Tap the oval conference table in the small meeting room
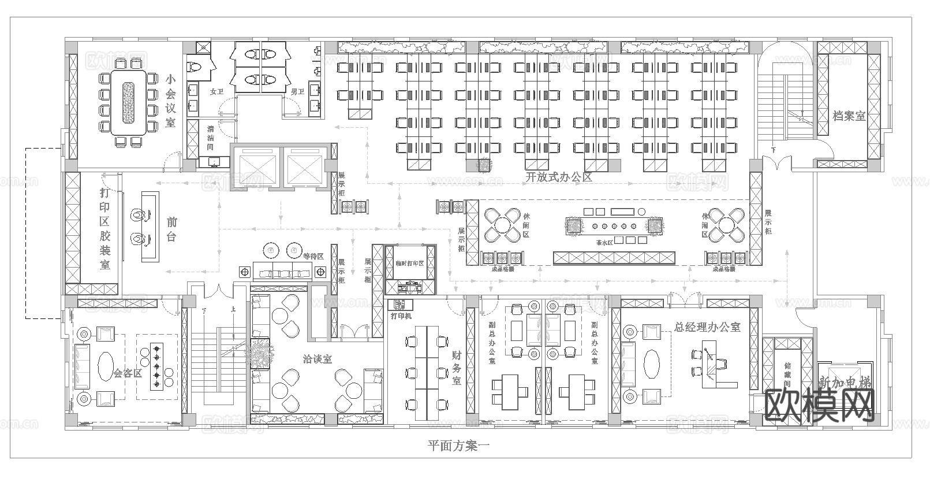pyautogui.click(x=128, y=103)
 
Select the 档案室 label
pyautogui.click(x=849, y=116)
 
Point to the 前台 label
pyautogui.click(x=171, y=229)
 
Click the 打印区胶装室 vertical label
pyautogui.click(x=104, y=229)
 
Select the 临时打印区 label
pyautogui.click(x=410, y=263)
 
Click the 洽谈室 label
pyautogui.click(x=318, y=359)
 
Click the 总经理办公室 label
pyautogui.click(x=707, y=327)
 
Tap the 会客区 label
pyautogui.click(x=128, y=373)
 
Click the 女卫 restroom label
pyautogui.click(x=216, y=91)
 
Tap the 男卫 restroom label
pyautogui.click(x=297, y=91)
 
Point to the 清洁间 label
pyautogui.click(x=211, y=139)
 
